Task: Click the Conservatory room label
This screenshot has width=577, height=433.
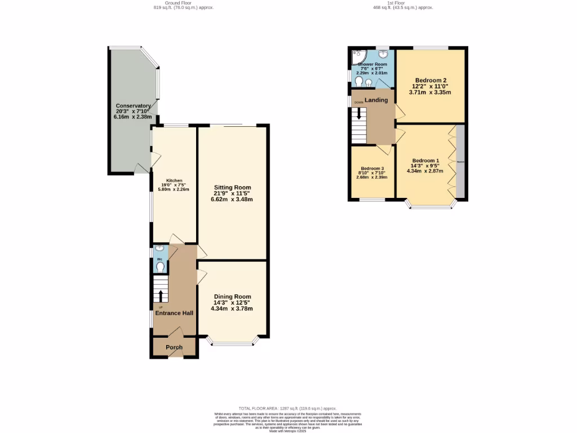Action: pos(133,106)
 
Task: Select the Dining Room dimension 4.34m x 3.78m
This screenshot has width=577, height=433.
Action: pos(232,308)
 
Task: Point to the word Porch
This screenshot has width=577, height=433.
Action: pos(174,347)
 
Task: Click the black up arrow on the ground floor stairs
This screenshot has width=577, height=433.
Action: pos(161,296)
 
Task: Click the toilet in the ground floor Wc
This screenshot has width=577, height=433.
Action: pos(160,267)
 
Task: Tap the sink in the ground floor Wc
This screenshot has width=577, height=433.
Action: pos(159,249)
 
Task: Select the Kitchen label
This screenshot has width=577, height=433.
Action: pos(174,180)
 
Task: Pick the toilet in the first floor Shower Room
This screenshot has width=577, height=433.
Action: pos(359,82)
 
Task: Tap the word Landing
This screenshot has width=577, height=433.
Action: pos(376,100)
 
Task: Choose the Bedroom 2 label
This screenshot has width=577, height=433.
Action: pos(430,80)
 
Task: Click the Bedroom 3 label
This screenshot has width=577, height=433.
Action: pos(372,169)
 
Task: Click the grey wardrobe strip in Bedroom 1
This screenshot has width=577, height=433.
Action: pos(460,162)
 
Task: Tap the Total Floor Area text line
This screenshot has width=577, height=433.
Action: pos(287,408)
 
